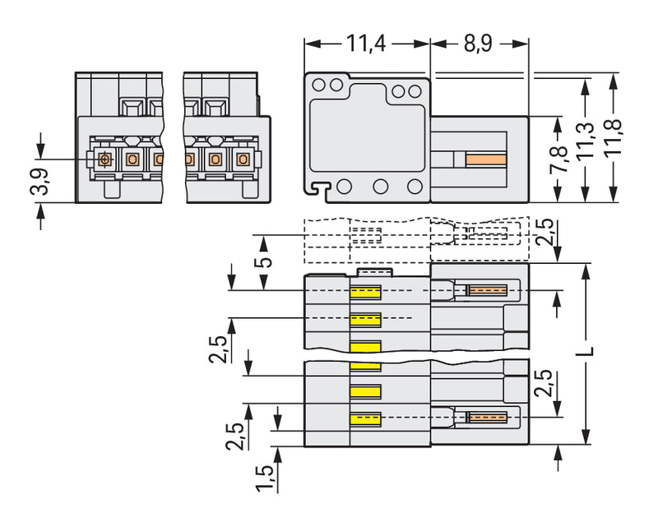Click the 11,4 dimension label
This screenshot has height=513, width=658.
click(365, 44)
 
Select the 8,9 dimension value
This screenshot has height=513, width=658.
click(478, 44)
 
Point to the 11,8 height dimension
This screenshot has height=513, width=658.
click(613, 138)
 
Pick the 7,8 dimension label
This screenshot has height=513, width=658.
click(559, 159)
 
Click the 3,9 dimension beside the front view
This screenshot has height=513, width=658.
click(39, 182)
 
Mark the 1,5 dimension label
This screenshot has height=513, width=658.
click(265, 478)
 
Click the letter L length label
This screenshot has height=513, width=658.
click(589, 351)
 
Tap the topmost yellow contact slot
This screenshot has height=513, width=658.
click(365, 293)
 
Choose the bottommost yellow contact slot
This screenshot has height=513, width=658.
click(365, 419)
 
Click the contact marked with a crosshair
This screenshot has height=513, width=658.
click(104, 159)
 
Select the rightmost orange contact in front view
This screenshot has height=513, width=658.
click(242, 159)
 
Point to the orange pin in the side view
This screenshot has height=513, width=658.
click(485, 159)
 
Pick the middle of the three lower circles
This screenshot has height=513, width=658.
click(381, 187)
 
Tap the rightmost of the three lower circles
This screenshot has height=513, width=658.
click(415, 187)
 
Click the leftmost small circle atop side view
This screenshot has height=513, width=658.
click(319, 85)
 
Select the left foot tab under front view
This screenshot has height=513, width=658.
click(112, 190)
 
